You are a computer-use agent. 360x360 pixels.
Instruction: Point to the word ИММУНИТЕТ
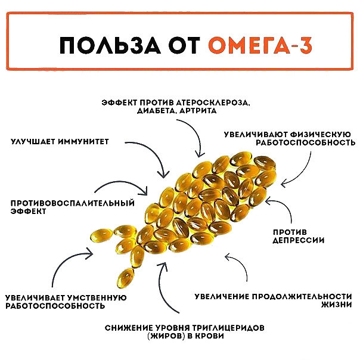point(83,141)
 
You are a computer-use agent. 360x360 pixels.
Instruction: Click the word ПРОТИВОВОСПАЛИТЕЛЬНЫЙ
point(73,203)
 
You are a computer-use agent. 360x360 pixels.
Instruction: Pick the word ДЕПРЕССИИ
point(299,240)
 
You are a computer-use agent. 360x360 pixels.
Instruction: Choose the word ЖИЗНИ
point(337,305)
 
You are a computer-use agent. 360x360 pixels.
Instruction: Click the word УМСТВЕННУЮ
point(97,298)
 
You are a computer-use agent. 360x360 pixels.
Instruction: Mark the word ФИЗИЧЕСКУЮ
point(321,134)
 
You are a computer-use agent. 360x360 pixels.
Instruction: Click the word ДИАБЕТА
point(157,111)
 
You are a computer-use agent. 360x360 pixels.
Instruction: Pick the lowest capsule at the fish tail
point(125,278)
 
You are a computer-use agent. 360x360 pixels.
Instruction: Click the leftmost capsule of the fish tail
point(101,235)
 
